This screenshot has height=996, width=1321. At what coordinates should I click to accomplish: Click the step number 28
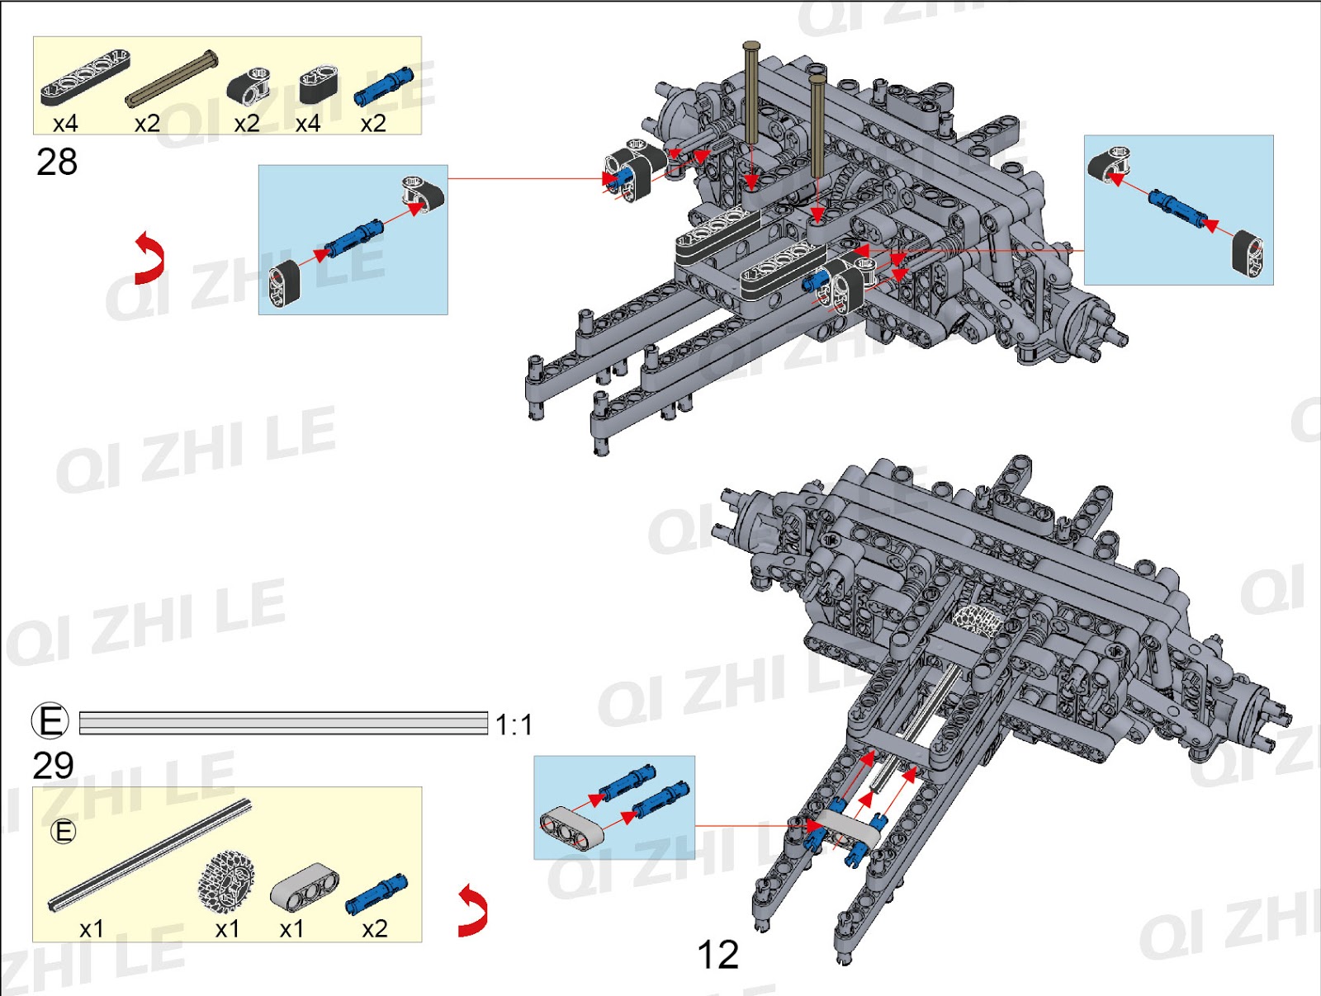point(57,162)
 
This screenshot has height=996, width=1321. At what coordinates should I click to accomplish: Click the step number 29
point(54,766)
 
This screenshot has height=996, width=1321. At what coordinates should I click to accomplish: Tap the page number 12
point(717,955)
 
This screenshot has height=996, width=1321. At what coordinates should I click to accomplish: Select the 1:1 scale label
point(514,725)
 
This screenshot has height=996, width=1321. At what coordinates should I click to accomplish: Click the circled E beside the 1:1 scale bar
point(50,720)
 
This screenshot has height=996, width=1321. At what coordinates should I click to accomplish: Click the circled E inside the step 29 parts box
point(64,831)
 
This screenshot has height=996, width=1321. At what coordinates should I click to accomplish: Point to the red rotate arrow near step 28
point(149,257)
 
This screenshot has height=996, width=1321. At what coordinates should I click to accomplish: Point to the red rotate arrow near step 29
point(473,910)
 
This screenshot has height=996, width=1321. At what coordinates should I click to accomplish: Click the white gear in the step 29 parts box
point(225,882)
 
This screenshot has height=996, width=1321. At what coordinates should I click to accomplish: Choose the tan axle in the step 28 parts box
point(172,79)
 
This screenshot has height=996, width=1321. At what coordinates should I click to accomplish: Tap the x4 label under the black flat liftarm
point(65,124)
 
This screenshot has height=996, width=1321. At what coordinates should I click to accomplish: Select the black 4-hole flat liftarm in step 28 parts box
point(85,76)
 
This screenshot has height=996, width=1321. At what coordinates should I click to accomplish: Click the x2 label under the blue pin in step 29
point(374,929)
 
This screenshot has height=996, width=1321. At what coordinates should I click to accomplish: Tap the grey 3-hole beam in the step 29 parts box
point(304,887)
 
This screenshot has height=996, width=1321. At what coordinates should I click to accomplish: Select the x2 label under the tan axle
point(147,124)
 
